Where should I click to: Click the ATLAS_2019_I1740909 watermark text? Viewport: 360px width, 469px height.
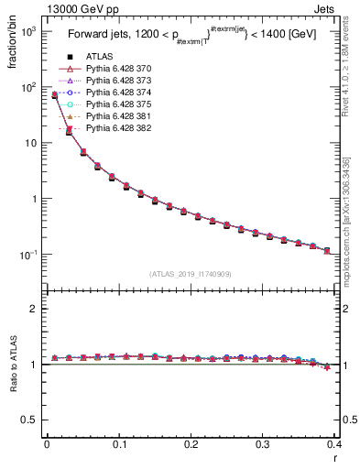tap(190, 274)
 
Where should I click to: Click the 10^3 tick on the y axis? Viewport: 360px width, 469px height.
tap(28, 31)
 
